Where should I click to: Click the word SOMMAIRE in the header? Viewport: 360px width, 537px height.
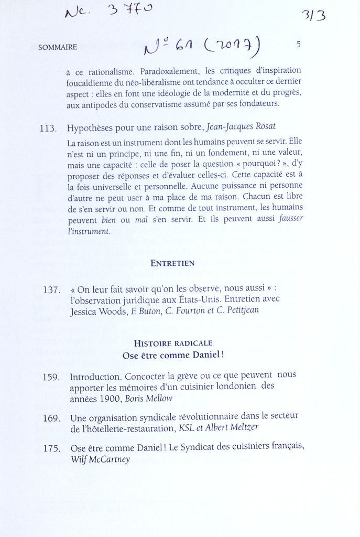tap(57, 47)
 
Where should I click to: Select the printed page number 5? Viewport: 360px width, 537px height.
tap(298, 45)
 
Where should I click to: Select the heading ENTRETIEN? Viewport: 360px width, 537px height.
tap(172, 263)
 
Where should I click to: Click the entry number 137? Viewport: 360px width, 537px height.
tap(52, 290)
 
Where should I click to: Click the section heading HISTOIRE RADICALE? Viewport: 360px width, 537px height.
tap(173, 343)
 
